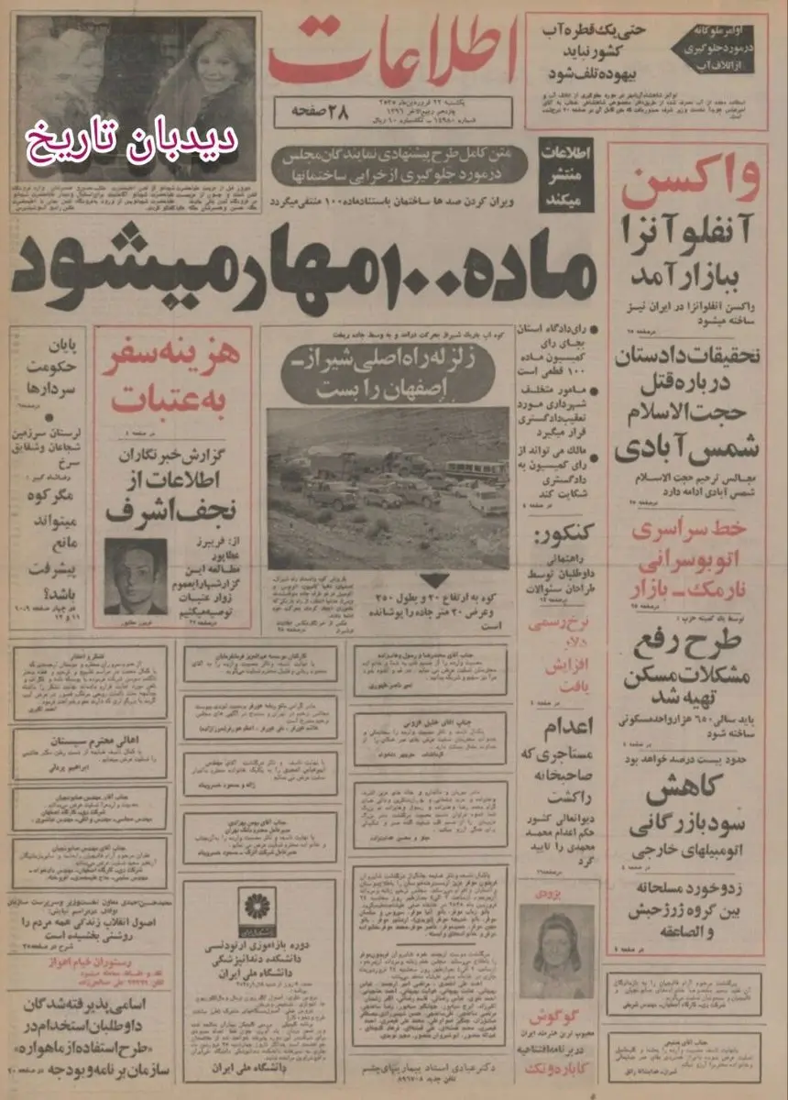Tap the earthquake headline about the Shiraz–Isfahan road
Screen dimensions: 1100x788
pyautogui.click(x=389, y=373)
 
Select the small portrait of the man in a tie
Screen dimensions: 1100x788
pyautogui.click(x=135, y=575)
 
